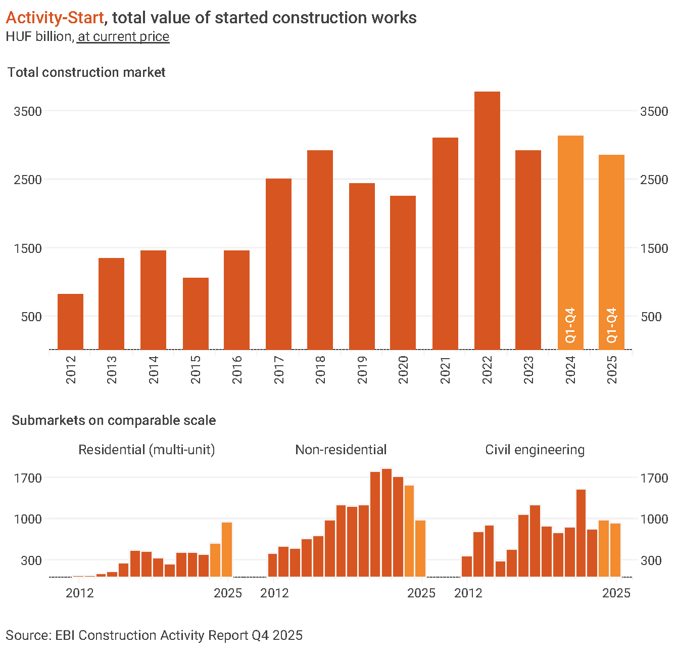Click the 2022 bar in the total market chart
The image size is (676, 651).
pyautogui.click(x=487, y=221)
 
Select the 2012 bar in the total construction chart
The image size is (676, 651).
pyautogui.click(x=70, y=322)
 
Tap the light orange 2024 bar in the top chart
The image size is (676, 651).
pyautogui.click(x=570, y=243)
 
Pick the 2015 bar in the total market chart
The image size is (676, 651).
pyautogui.click(x=196, y=314)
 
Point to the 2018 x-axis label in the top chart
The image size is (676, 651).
pyautogui.click(x=320, y=370)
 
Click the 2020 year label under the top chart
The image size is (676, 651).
pyautogui.click(x=403, y=370)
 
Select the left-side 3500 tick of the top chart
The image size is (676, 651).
pyautogui.click(x=28, y=111)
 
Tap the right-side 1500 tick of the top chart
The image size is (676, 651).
pyautogui.click(x=654, y=248)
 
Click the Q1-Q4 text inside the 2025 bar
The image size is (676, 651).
pyautogui.click(x=612, y=325)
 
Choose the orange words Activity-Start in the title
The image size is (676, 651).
pyautogui.click(x=55, y=18)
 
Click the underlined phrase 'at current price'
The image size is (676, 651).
pyautogui.click(x=123, y=37)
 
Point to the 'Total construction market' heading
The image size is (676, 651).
pyautogui.click(x=86, y=72)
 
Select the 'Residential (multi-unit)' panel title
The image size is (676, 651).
pyautogui.click(x=147, y=450)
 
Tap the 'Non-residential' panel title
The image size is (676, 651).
pyautogui.click(x=341, y=450)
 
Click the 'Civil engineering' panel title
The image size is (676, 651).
pyautogui.click(x=535, y=450)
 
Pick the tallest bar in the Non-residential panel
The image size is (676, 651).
pyautogui.click(x=387, y=523)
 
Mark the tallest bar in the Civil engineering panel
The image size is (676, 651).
pyautogui.click(x=581, y=533)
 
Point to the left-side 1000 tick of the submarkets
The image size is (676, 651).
pyautogui.click(x=28, y=519)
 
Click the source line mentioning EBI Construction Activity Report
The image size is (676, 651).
pyautogui.click(x=154, y=635)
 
